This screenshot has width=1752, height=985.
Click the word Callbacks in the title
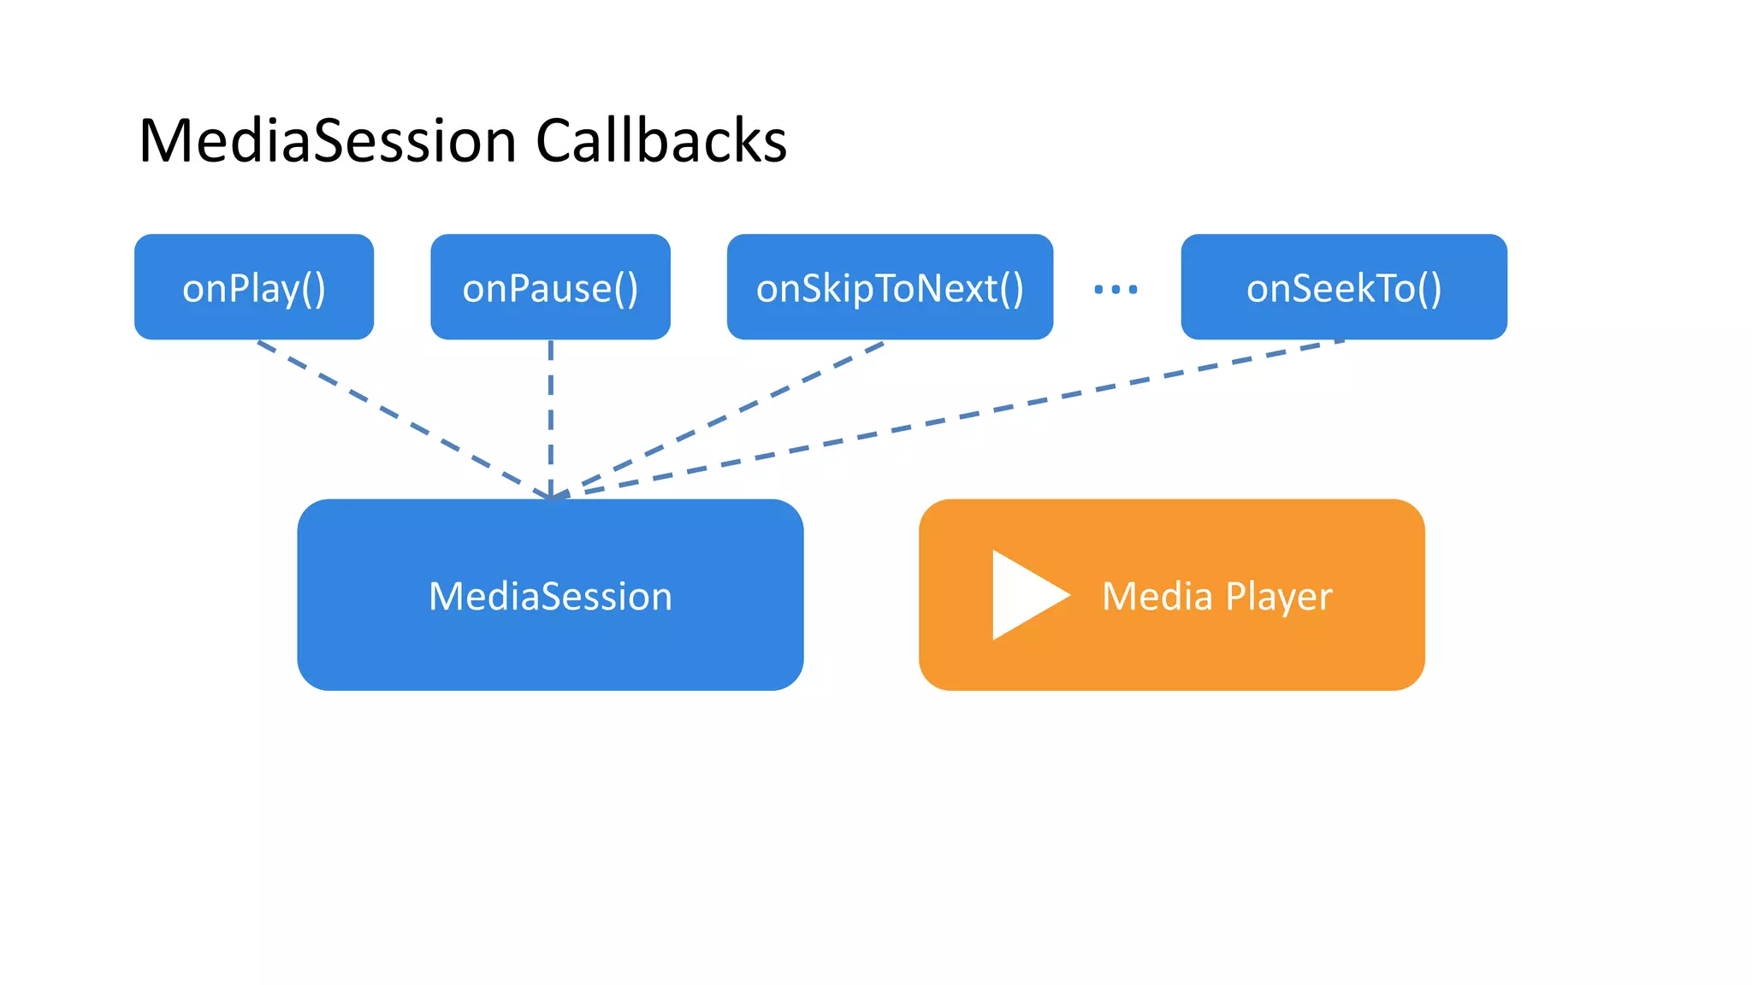pyautogui.click(x=660, y=141)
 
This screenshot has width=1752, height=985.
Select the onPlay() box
pyautogui.click(x=254, y=287)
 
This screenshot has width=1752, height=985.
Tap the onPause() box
pyautogui.click(x=550, y=287)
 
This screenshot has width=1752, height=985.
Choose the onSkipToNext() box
pyautogui.click(x=890, y=287)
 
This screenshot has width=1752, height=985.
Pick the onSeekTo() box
pyautogui.click(x=1343, y=287)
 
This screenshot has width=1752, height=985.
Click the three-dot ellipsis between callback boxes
pyautogui.click(x=1116, y=290)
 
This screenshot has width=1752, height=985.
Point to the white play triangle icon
pyautogui.click(x=1022, y=595)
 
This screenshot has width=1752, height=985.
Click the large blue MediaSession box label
pyautogui.click(x=550, y=596)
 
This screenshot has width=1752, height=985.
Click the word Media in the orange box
pyautogui.click(x=1157, y=596)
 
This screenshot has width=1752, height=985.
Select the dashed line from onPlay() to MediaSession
pyautogui.click(x=402, y=418)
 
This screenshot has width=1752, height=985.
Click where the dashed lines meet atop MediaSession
pyautogui.click(x=552, y=495)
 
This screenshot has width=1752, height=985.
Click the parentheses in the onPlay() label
pyautogui.click(x=313, y=289)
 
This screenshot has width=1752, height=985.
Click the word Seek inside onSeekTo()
pyautogui.click(x=1329, y=288)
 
